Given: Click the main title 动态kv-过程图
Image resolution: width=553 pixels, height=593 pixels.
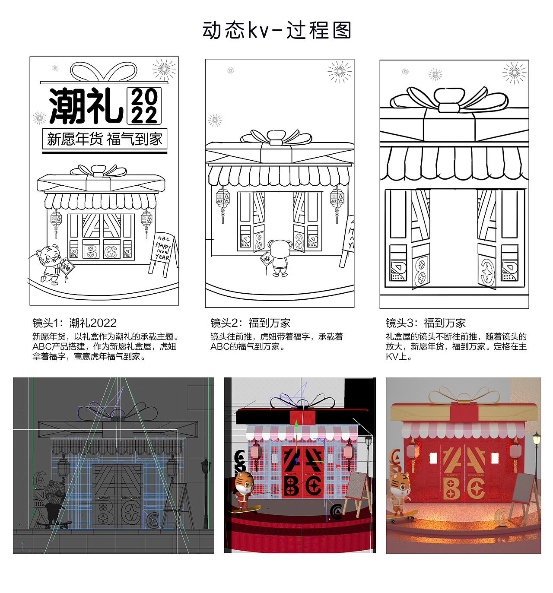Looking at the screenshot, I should click(x=276, y=31).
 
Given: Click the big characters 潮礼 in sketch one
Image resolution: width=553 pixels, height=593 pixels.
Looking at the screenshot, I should click(x=86, y=106).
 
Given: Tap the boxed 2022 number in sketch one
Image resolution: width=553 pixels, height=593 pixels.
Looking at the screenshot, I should click(x=144, y=106).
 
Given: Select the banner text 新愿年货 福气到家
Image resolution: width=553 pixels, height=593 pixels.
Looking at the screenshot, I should click(x=105, y=139).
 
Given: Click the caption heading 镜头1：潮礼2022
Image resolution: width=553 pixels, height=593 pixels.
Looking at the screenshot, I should click(x=74, y=323).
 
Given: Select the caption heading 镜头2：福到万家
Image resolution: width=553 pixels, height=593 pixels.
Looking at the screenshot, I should click(x=250, y=323).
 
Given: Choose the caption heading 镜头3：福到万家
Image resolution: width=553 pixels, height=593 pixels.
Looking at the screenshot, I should click(x=426, y=323).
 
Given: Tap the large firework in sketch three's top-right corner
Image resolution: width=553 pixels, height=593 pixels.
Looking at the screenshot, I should click(x=514, y=73).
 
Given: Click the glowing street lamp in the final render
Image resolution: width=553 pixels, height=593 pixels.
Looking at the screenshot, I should click(x=536, y=441).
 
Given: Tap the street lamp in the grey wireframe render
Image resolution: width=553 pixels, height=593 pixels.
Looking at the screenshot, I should click(x=206, y=469).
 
